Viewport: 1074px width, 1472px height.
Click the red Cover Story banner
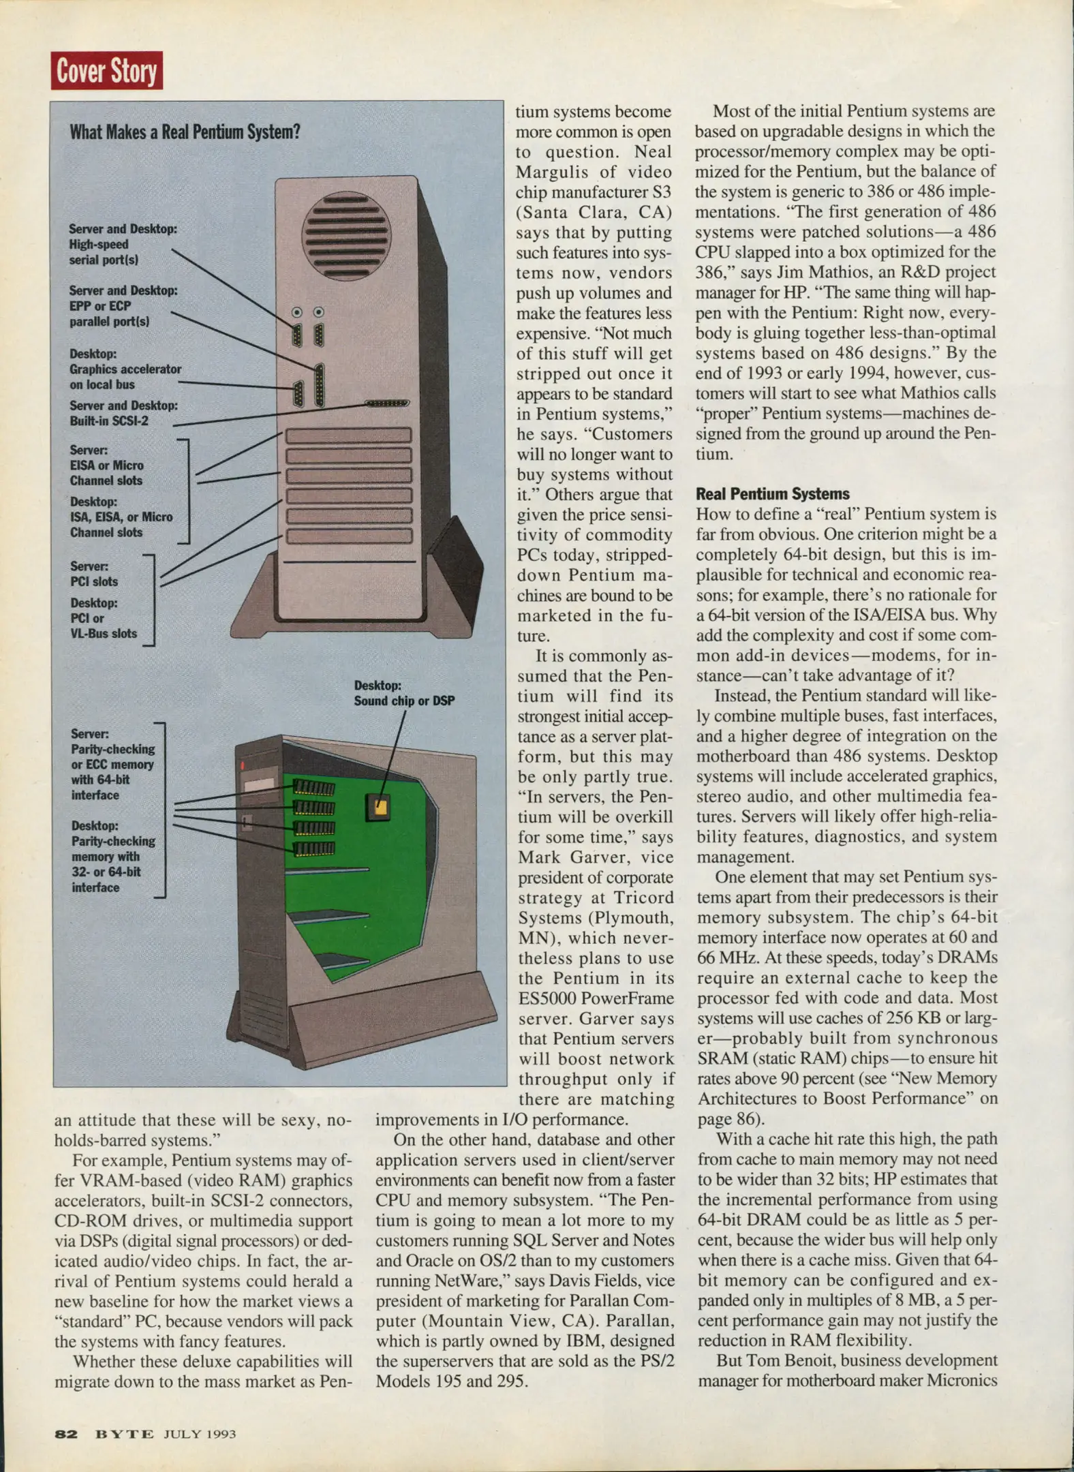tap(106, 70)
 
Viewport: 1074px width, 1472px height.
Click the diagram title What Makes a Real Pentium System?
tap(185, 132)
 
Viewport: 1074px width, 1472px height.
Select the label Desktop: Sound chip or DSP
tap(403, 693)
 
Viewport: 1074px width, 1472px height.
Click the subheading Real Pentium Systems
tap(772, 494)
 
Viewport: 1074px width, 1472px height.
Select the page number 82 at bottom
tap(66, 1434)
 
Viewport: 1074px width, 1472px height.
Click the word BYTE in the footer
tap(124, 1434)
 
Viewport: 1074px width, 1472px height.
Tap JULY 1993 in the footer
tap(199, 1434)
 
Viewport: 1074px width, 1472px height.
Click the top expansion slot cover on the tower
tap(348, 435)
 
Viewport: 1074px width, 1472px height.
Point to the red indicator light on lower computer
tap(241, 765)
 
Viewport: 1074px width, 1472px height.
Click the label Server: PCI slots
tap(93, 574)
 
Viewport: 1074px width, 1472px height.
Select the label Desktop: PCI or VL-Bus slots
tap(103, 618)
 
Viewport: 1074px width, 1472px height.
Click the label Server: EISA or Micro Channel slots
tap(106, 465)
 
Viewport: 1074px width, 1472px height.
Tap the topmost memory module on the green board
tap(313, 788)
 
